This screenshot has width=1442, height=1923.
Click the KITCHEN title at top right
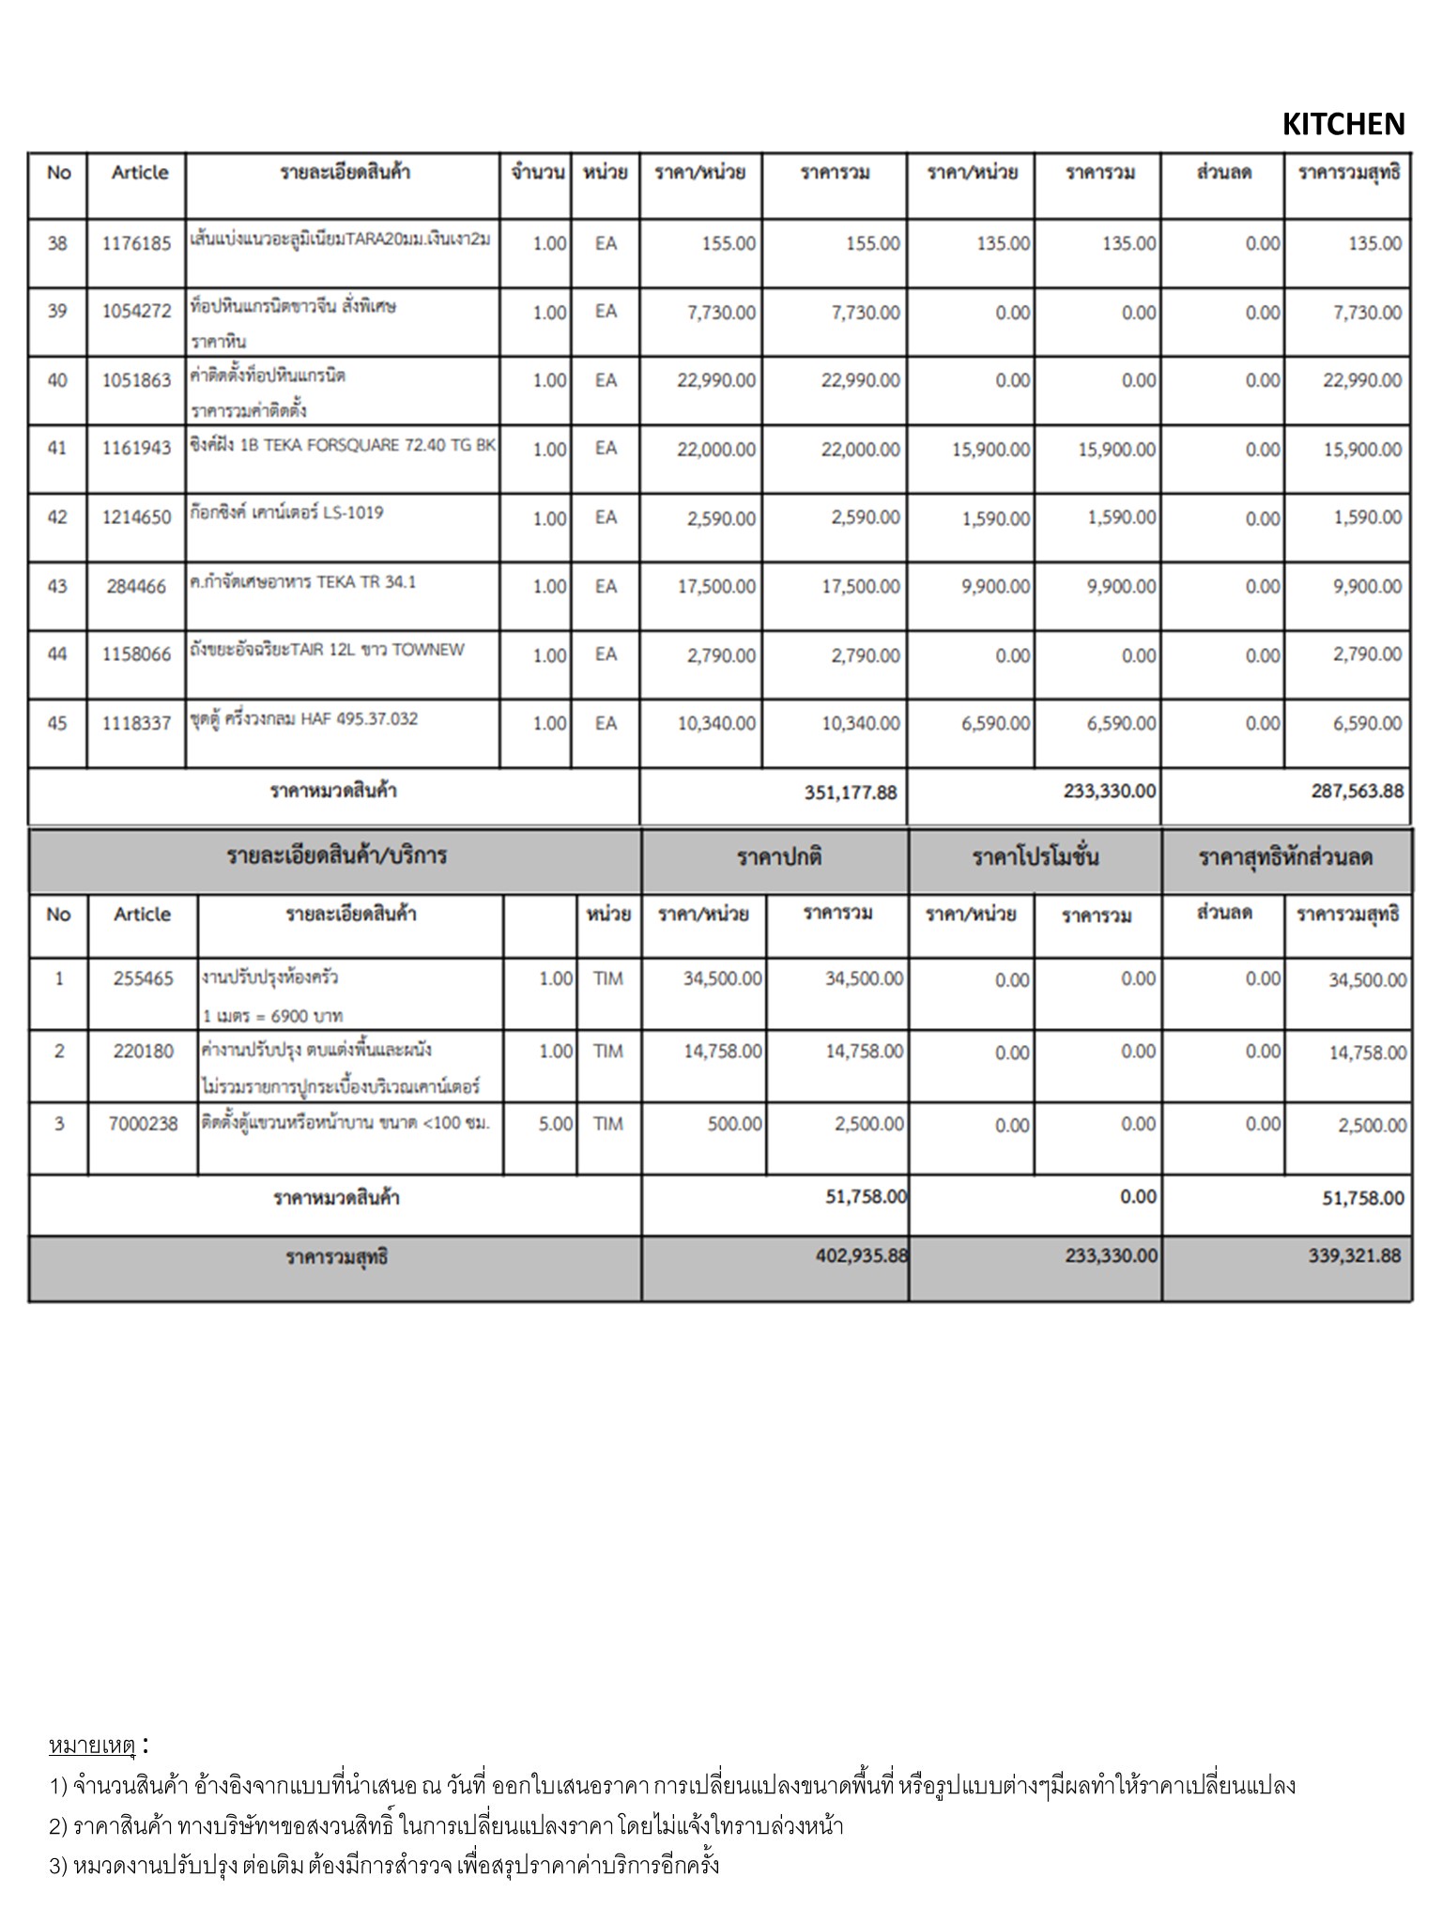click(1342, 124)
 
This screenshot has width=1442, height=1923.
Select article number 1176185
click(137, 244)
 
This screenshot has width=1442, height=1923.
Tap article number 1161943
click(137, 449)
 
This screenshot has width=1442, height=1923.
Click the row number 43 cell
click(57, 587)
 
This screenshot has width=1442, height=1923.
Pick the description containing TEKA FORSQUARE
click(342, 446)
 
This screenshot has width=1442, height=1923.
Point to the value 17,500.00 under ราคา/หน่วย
click(716, 587)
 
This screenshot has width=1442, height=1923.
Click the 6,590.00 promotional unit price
click(995, 724)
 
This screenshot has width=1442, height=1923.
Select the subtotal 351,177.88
click(851, 792)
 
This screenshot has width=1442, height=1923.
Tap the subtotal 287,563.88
click(1358, 792)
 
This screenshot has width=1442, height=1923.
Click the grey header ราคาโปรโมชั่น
click(1035, 857)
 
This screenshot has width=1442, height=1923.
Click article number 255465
click(144, 979)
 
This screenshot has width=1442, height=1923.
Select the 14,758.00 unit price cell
click(722, 1052)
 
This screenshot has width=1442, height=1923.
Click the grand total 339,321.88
click(1354, 1256)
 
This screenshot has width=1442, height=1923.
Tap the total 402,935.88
click(861, 1256)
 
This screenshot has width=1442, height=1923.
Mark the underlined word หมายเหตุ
click(93, 1746)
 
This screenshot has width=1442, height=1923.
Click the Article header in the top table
click(140, 173)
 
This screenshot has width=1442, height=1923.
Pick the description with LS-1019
click(286, 514)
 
